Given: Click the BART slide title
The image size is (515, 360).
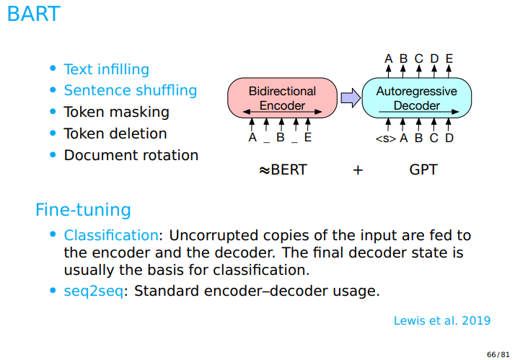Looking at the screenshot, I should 33,14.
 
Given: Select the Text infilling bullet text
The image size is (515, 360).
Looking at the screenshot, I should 106,69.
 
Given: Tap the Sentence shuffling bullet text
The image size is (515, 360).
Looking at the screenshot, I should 130,90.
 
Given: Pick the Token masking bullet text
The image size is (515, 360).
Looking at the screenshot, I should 116,112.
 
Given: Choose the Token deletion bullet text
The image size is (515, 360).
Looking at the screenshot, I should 115,133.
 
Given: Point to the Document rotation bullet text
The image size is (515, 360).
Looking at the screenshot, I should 131,155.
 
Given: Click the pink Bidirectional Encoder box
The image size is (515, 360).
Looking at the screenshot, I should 282,98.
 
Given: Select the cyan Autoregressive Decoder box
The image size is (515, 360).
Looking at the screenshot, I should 416,98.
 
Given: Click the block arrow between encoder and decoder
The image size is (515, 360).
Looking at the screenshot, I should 350,98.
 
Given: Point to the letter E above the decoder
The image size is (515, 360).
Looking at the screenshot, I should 449,58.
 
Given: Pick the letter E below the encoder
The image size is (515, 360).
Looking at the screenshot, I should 308,138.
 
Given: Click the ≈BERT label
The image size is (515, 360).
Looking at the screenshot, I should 282,170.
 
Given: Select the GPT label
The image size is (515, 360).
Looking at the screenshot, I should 423,170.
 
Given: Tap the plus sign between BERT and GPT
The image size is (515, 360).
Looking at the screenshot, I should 358,171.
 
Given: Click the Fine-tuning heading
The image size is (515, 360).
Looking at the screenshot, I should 83,210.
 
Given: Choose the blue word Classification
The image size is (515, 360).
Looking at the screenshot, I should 111,235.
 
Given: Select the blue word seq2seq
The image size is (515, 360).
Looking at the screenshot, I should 93,291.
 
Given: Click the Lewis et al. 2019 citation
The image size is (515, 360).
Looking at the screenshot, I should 442,320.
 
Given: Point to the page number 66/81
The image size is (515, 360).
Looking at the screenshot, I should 498,354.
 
